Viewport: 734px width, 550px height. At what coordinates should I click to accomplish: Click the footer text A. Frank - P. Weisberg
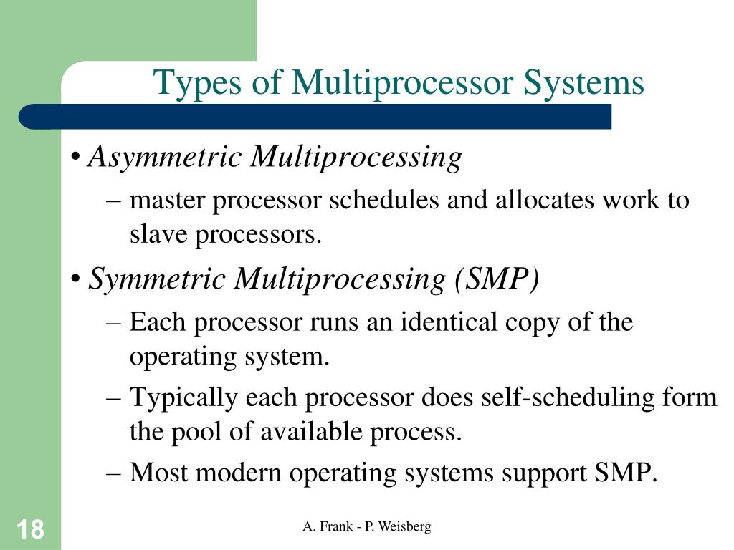367,527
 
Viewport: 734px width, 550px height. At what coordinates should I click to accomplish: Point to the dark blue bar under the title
315,116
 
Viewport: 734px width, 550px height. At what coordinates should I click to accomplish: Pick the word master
166,200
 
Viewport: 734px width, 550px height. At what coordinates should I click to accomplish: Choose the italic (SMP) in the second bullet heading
495,279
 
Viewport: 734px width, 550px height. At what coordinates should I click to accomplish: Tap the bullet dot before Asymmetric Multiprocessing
76,158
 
